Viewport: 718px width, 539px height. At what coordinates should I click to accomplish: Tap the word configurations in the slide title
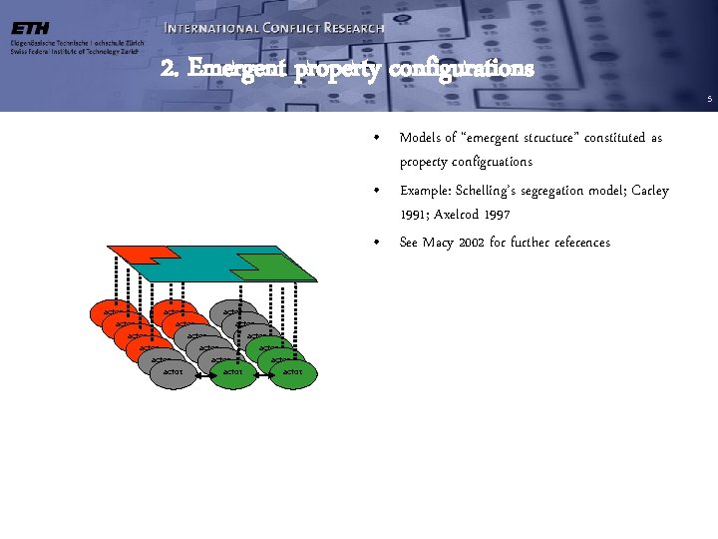pos(461,69)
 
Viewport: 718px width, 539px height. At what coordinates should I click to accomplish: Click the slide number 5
pos(709,99)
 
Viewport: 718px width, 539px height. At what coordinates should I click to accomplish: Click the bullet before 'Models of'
pos(374,138)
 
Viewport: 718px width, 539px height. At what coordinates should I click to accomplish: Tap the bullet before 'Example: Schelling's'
pos(374,191)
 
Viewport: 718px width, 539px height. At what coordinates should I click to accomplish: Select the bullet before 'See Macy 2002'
pos(374,243)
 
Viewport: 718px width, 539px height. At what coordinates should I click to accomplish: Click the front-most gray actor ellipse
pos(175,373)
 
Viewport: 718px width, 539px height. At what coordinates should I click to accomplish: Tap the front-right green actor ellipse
pos(292,373)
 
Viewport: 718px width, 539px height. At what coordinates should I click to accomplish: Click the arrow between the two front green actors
pos(263,376)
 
